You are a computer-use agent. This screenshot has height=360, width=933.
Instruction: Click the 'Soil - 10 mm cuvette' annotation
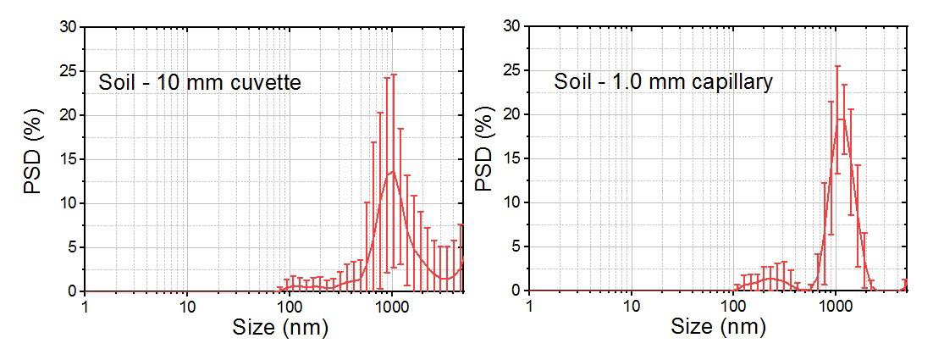point(200,83)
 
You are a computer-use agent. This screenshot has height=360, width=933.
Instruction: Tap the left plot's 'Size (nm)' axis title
point(279,328)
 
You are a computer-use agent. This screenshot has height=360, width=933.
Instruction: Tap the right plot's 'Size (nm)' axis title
point(718,327)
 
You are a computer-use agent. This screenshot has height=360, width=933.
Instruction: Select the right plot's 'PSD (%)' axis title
point(483,159)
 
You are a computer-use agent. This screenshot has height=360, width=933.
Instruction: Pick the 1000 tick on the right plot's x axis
point(836,305)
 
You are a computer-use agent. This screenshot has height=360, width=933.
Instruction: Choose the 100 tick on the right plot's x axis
point(733,305)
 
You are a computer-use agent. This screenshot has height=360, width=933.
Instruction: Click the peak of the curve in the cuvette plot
point(392,171)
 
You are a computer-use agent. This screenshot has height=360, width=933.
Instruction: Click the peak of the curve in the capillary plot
point(840,119)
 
